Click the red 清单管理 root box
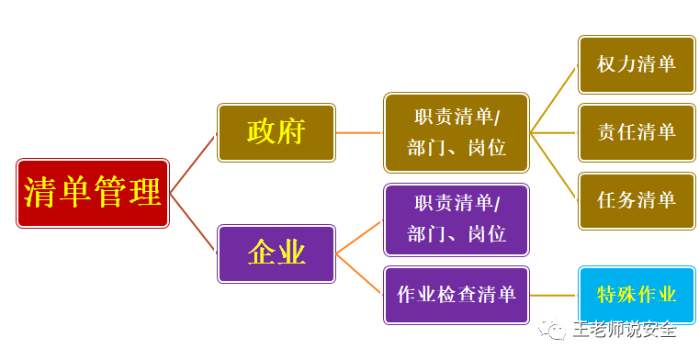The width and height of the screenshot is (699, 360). (x=92, y=193)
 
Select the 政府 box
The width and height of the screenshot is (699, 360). (x=276, y=132)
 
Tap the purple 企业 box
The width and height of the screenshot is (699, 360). (x=276, y=253)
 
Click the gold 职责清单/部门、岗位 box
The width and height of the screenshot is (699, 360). (x=457, y=132)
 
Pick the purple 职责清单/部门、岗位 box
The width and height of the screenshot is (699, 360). (x=457, y=220)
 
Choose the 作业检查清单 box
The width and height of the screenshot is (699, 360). (x=457, y=295)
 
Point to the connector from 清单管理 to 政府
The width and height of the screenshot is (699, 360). (x=193, y=163)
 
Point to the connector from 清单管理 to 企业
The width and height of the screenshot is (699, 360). (x=193, y=223)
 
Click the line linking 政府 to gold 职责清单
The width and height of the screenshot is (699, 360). (x=359, y=132)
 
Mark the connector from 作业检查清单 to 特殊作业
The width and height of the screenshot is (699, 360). (x=554, y=295)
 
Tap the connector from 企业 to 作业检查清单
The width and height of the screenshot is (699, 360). (x=359, y=274)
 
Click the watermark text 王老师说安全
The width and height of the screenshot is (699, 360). (x=625, y=328)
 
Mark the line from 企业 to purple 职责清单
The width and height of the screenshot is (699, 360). (x=359, y=237)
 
